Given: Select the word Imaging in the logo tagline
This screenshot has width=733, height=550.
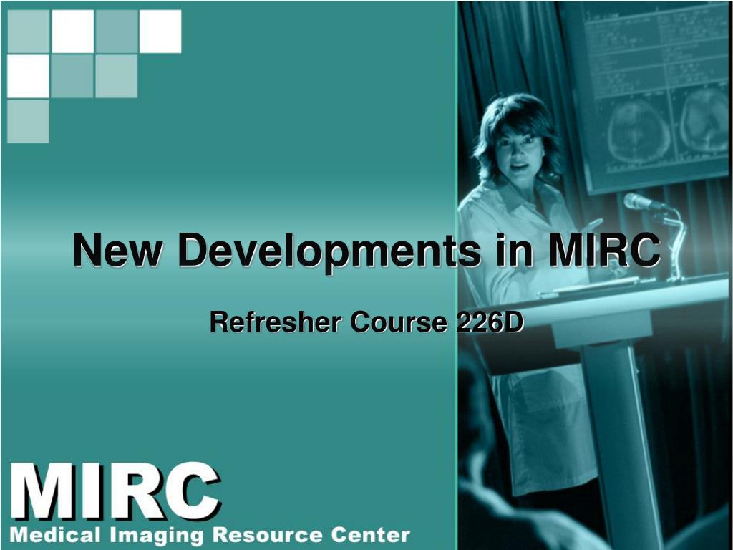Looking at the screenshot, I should pyautogui.click(x=154, y=536).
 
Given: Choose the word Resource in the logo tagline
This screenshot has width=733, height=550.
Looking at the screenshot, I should pyautogui.click(x=266, y=535).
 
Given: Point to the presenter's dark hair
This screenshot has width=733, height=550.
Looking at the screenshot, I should pyautogui.click(x=516, y=115).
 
